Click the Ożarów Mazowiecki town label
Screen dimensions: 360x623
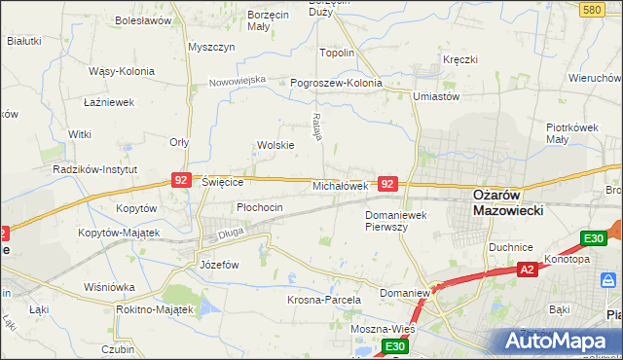[507, 201]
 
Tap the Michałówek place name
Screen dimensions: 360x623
[340, 185]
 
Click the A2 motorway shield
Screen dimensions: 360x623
[527, 270]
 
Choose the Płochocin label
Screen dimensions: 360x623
[260, 207]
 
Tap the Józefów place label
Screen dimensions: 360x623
[219, 265]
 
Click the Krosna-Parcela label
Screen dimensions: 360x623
[324, 301]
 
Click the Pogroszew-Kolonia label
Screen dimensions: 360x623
[336, 84]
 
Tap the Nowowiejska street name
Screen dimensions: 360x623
[238, 81]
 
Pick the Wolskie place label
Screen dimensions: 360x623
[275, 145]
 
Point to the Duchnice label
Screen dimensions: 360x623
[511, 247]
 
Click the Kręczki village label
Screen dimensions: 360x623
[459, 59]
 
